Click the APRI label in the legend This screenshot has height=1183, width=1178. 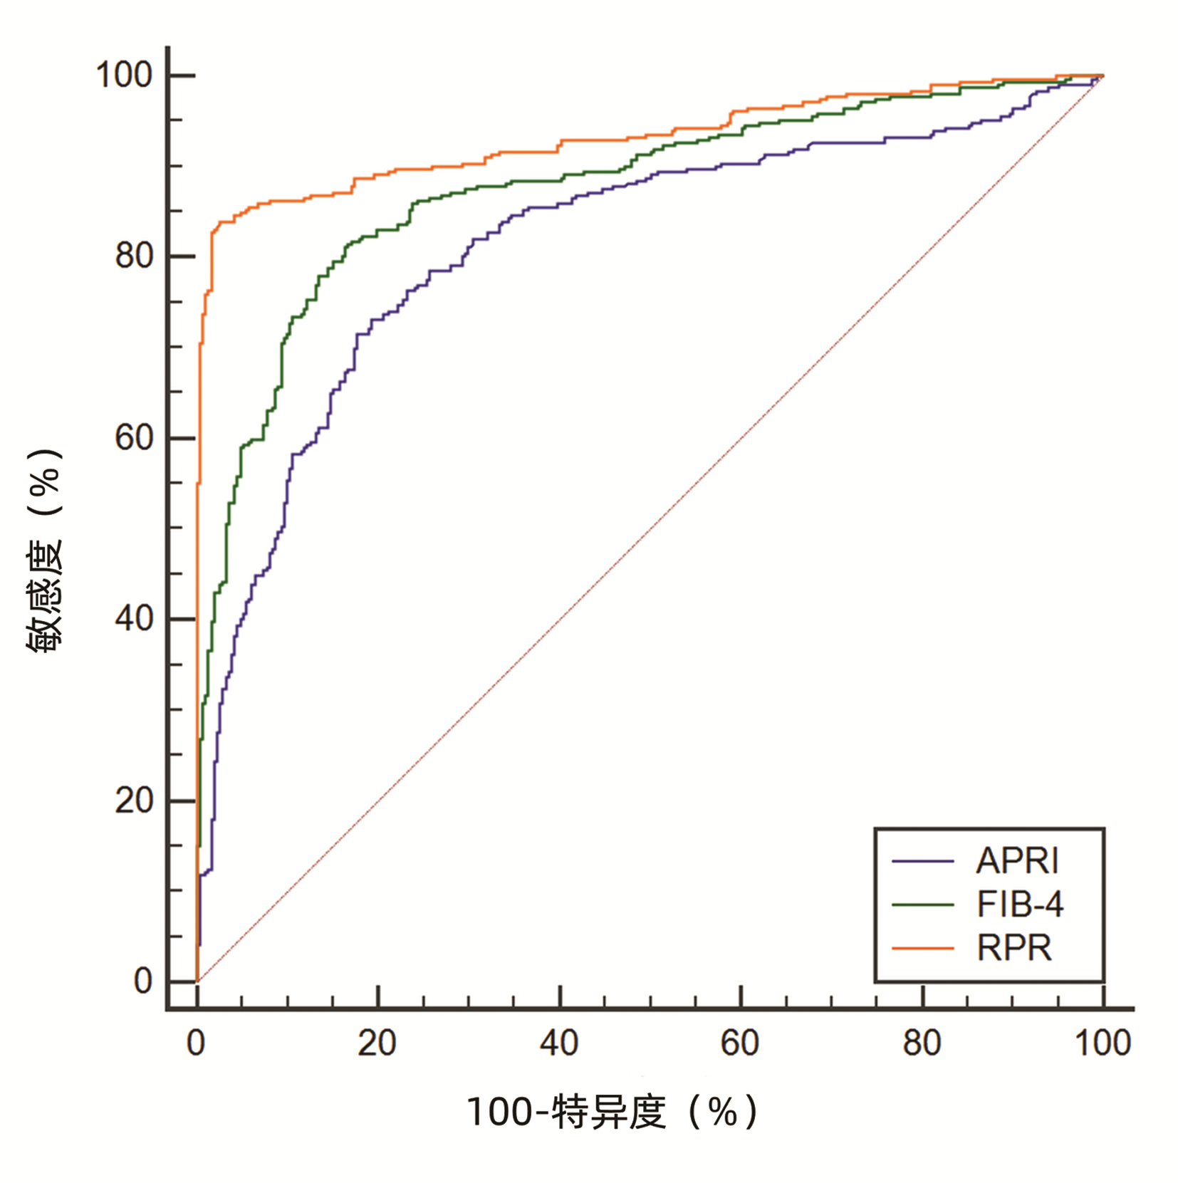(x=1016, y=861)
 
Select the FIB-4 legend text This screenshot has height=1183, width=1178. (x=1019, y=905)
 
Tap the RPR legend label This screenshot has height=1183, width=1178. (x=1013, y=948)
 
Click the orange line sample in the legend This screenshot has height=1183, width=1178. (x=922, y=948)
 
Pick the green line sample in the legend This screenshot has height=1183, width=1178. (x=922, y=905)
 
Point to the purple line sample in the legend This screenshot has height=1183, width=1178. (x=922, y=861)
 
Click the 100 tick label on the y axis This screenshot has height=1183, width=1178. (x=124, y=75)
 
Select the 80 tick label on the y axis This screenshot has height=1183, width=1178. (x=134, y=256)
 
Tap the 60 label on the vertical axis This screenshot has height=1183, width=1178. (x=134, y=437)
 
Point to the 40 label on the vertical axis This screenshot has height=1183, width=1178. (x=134, y=618)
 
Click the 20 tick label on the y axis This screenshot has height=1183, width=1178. (x=134, y=801)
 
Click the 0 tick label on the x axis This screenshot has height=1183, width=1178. (x=196, y=1043)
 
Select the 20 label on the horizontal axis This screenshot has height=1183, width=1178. (x=377, y=1043)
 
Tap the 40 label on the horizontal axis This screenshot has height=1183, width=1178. (x=559, y=1043)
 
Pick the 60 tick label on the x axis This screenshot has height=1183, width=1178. (x=740, y=1043)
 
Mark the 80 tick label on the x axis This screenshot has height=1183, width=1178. (x=922, y=1043)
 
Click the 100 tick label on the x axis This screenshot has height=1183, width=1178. (x=1103, y=1043)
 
